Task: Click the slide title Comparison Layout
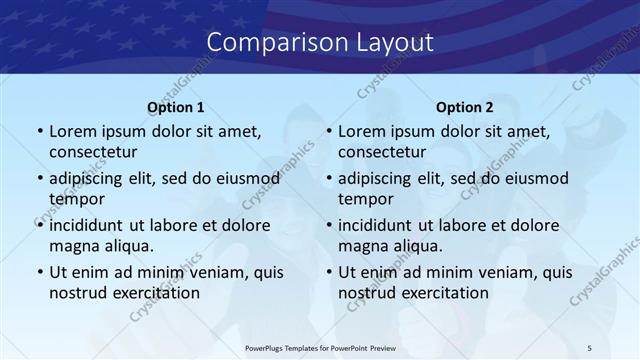point(320,42)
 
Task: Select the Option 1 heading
point(176,107)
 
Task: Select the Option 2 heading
point(465,107)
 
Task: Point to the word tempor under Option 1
point(75,199)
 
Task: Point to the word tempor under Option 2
point(364,199)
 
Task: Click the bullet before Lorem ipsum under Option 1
point(39,132)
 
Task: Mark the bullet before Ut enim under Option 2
point(328,273)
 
